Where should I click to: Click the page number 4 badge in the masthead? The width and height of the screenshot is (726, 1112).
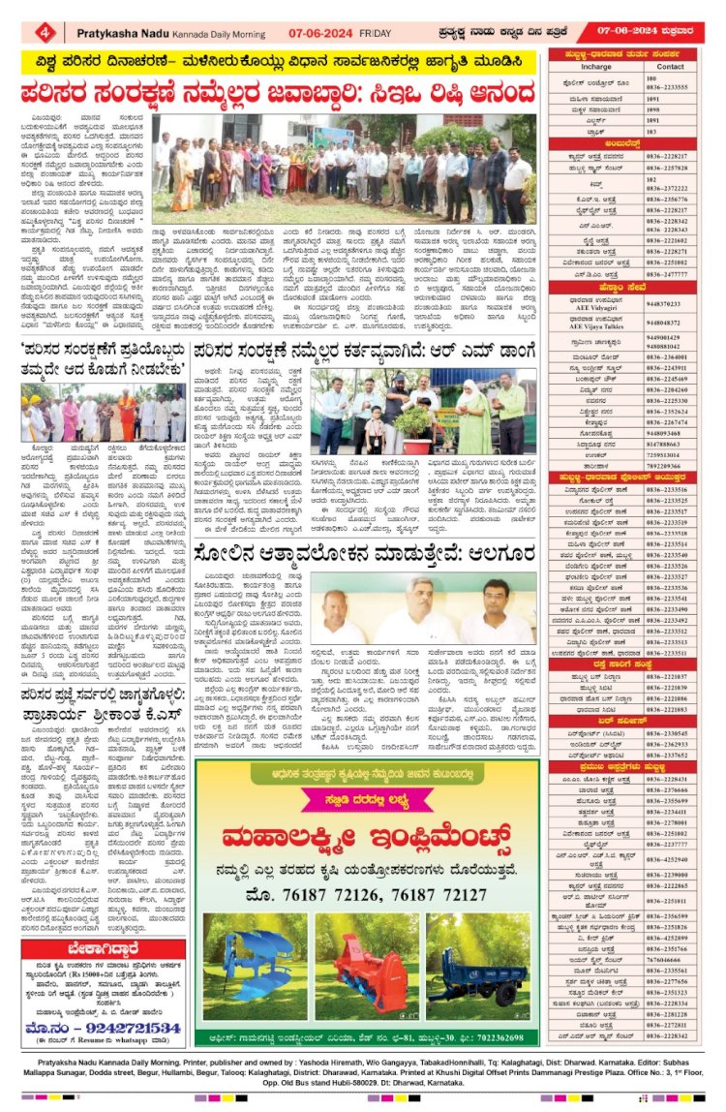coord(45,32)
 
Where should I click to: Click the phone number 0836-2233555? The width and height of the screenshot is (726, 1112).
coord(669,86)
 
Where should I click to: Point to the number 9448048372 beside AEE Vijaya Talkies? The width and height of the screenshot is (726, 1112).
coord(668,322)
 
